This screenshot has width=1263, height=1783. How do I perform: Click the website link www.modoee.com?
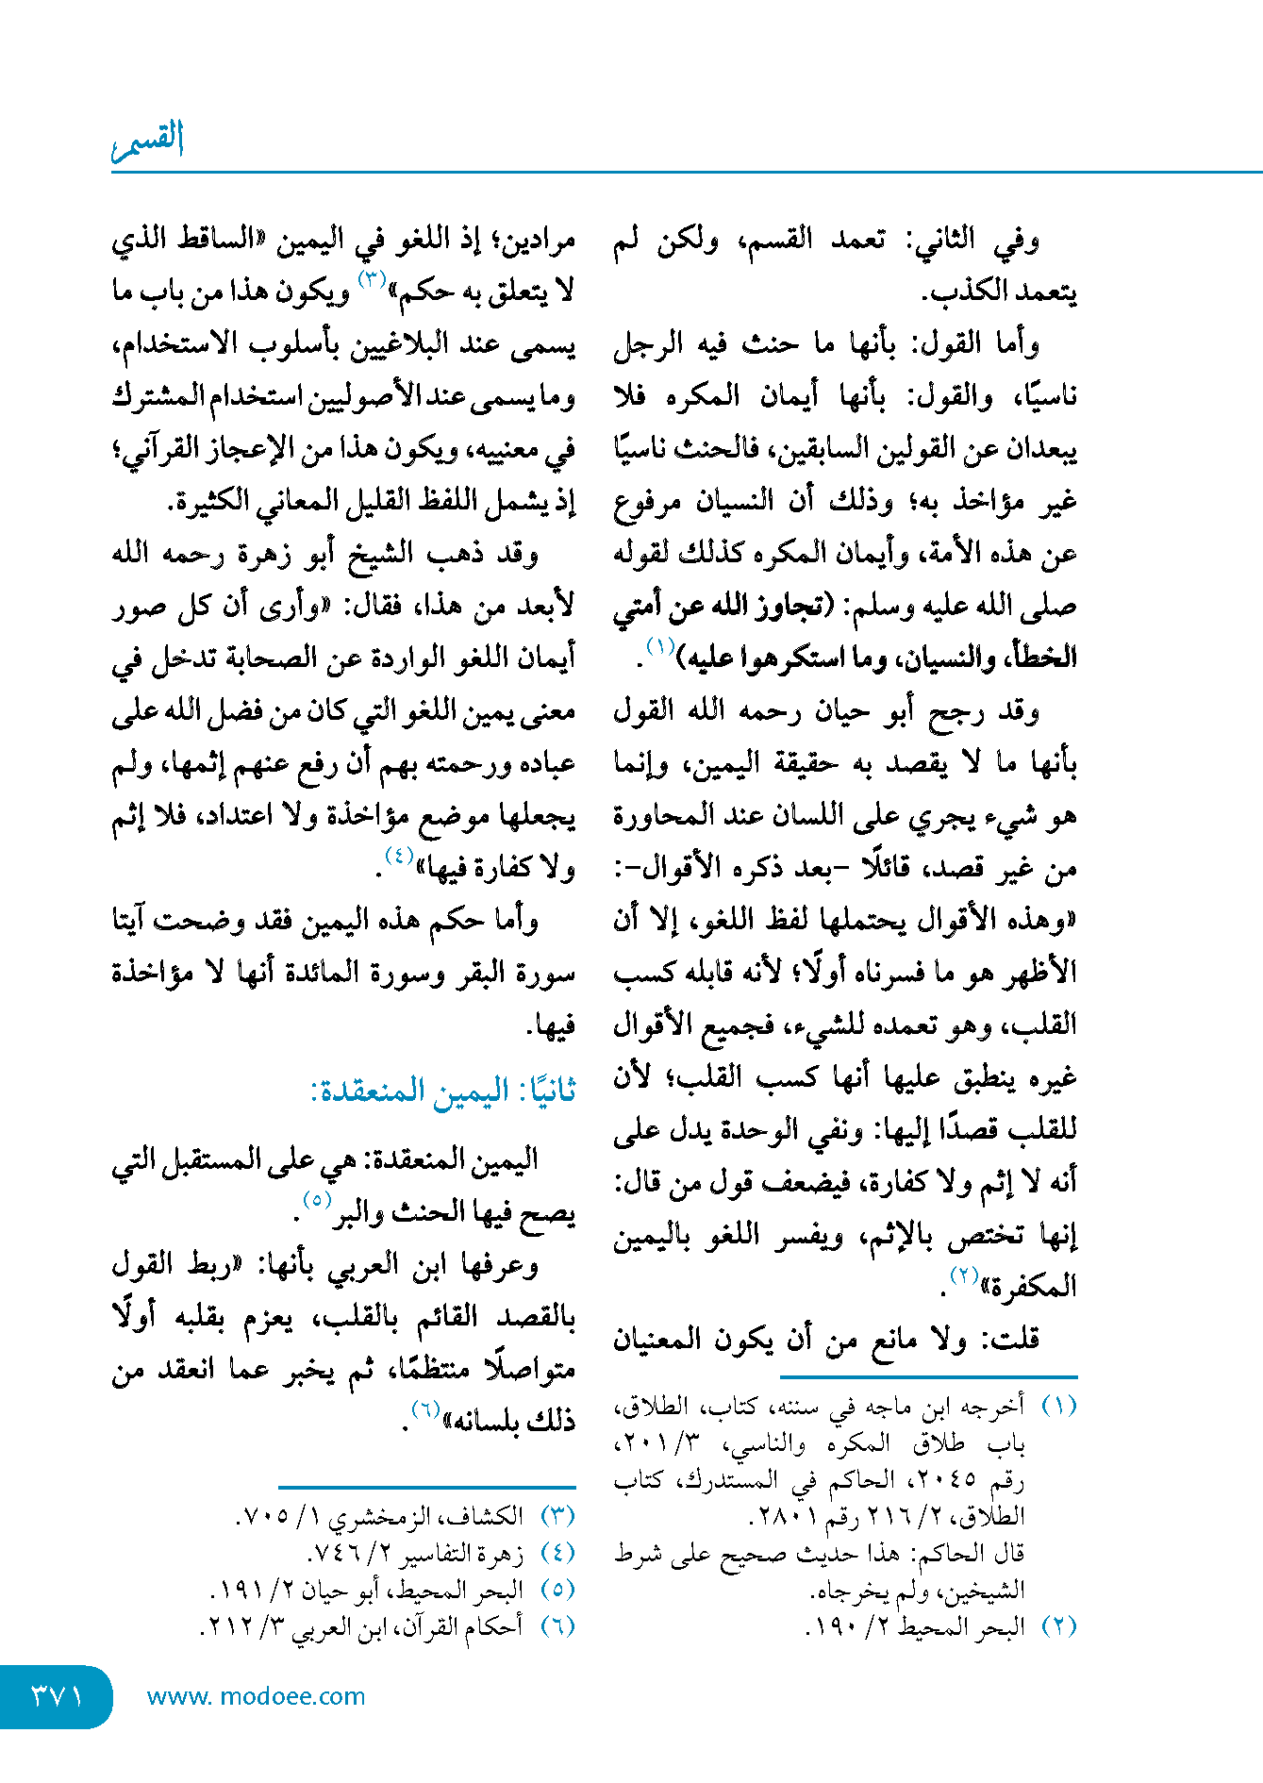(256, 1696)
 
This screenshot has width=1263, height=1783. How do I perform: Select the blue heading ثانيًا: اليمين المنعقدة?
(443, 1091)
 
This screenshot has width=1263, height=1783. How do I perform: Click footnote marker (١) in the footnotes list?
(1058, 1406)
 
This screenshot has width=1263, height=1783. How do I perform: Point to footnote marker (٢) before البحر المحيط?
(1058, 1626)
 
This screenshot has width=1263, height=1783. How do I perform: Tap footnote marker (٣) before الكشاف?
(557, 1516)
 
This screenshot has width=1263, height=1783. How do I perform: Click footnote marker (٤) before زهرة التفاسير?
(557, 1553)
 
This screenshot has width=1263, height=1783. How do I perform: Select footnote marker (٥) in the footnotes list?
(557, 1590)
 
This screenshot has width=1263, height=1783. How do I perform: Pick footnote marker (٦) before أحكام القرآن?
(557, 1626)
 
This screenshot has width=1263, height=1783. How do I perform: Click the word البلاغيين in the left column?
(396, 344)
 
